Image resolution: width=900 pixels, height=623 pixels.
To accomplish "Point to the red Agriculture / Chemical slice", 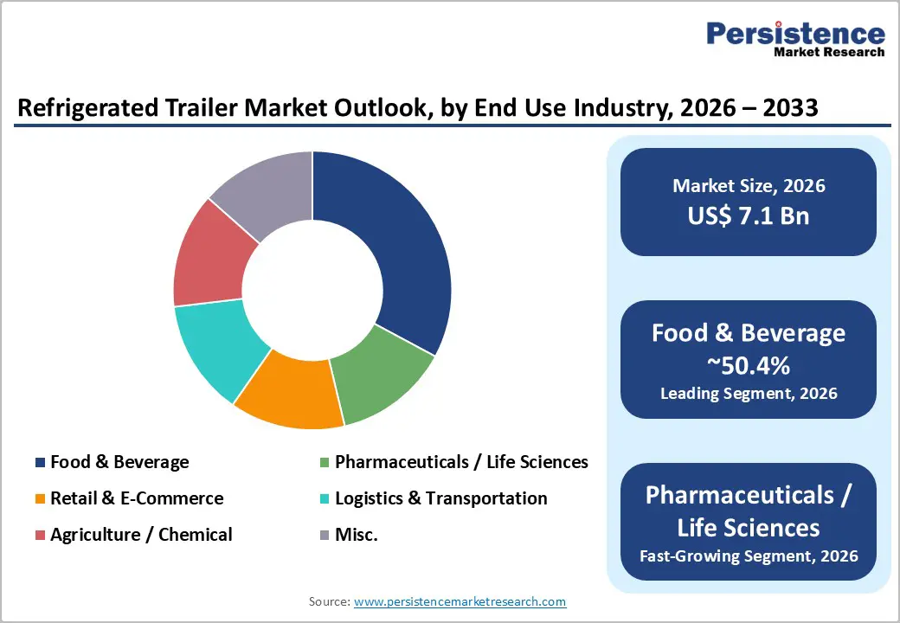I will pyautogui.click(x=212, y=255).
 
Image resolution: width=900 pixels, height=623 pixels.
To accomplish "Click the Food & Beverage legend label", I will pyautogui.click(x=119, y=462).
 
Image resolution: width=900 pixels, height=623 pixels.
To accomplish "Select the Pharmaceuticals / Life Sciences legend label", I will pyautogui.click(x=461, y=462).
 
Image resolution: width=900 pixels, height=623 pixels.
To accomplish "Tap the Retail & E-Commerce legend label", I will pyautogui.click(x=137, y=498).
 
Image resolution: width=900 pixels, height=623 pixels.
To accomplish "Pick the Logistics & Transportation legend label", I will pyautogui.click(x=440, y=498).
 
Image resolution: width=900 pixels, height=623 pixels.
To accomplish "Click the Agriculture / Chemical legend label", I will pyautogui.click(x=141, y=535).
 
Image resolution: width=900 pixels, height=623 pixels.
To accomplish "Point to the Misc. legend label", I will pyautogui.click(x=357, y=535).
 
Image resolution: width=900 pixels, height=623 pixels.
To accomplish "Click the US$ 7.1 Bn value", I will pyautogui.click(x=749, y=215).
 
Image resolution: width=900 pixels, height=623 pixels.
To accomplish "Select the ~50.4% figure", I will pyautogui.click(x=749, y=365).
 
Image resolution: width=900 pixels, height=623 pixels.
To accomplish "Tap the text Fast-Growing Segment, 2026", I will pyautogui.click(x=749, y=556).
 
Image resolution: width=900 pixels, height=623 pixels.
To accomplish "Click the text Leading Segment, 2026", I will pyautogui.click(x=749, y=393).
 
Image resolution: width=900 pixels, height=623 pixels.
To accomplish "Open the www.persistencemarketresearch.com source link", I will pyautogui.click(x=460, y=601).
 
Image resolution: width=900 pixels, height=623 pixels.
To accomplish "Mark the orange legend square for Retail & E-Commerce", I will pyautogui.click(x=40, y=499).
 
